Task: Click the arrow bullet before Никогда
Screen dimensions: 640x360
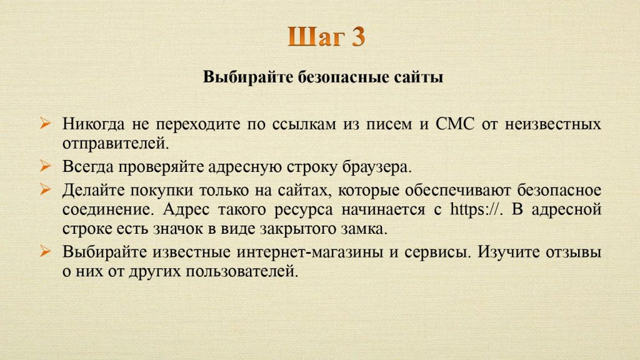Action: pyautogui.click(x=45, y=123)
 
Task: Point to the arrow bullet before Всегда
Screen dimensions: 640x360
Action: pyautogui.click(x=45, y=166)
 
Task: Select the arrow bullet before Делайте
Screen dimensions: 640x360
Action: pyautogui.click(x=45, y=189)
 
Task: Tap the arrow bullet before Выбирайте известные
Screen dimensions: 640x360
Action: pyautogui.click(x=45, y=251)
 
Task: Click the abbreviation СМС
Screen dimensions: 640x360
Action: pyautogui.click(x=455, y=124)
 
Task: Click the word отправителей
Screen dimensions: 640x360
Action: pyautogui.click(x=116, y=143)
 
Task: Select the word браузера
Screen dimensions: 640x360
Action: pyautogui.click(x=377, y=167)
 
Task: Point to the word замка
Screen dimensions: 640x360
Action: pyautogui.click(x=364, y=229)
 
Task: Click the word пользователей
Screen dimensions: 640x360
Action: pyautogui.click(x=242, y=271)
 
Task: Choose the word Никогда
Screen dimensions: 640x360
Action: pyautogui.click(x=94, y=124)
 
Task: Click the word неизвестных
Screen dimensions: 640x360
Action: pyautogui.click(x=553, y=124)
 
